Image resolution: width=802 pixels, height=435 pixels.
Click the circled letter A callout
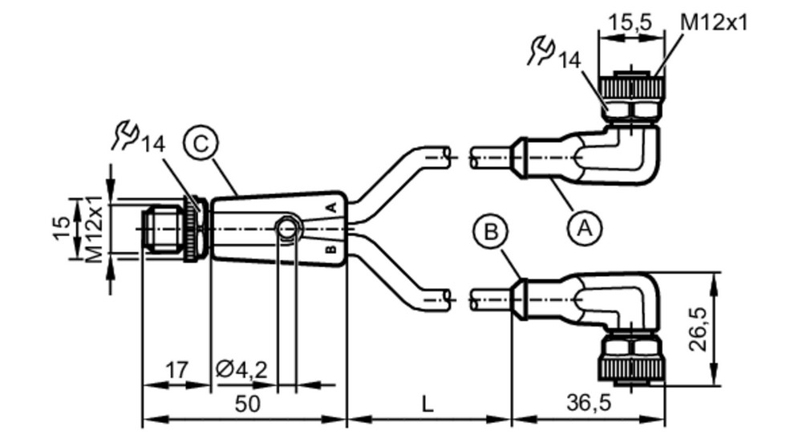click(585, 228)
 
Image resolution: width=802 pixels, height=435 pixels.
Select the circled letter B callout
click(491, 232)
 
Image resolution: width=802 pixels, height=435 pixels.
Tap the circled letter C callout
click(201, 144)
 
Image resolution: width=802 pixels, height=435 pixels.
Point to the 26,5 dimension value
click(699, 329)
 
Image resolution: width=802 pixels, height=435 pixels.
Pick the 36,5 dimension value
click(589, 403)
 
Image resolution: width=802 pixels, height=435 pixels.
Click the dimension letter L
click(427, 405)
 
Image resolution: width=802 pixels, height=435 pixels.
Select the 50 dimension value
click(248, 404)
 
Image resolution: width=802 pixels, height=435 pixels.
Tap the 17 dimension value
click(176, 369)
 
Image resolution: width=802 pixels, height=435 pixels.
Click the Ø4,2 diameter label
click(241, 369)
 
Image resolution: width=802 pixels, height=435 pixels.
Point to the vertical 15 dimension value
click(62, 228)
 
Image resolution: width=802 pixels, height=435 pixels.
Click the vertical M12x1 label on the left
click(95, 227)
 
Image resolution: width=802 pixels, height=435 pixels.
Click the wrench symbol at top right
click(541, 51)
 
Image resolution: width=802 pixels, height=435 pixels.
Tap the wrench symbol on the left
click(125, 135)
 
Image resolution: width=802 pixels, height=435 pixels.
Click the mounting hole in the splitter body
click(287, 227)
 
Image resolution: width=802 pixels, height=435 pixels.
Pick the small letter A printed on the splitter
click(331, 207)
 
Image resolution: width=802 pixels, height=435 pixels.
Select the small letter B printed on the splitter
click(331, 250)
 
